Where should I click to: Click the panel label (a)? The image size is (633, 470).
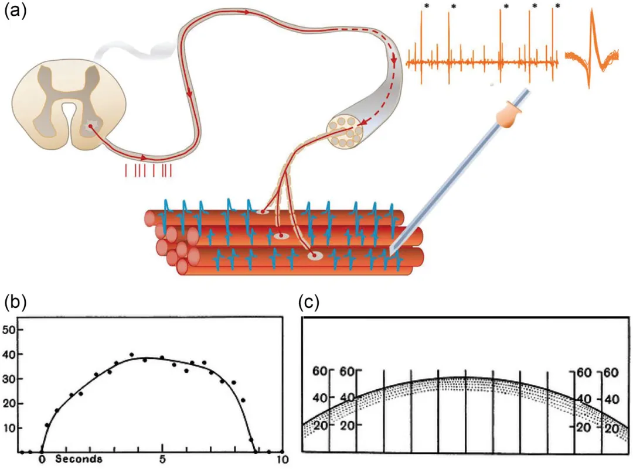(16, 12)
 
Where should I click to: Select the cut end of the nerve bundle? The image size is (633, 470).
(345, 132)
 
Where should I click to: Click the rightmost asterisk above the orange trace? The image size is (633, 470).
(557, 7)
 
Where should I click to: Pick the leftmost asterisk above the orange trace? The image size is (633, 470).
(427, 7)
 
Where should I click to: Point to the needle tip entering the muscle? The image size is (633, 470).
(392, 252)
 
